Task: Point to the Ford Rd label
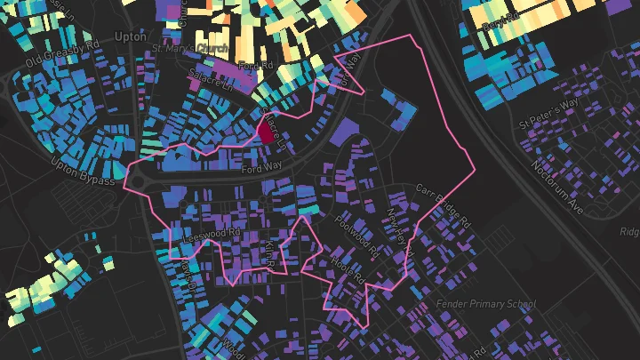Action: (255, 67)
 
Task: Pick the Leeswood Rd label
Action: (211, 233)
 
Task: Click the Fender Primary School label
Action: (486, 305)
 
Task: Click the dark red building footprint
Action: (265, 133)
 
